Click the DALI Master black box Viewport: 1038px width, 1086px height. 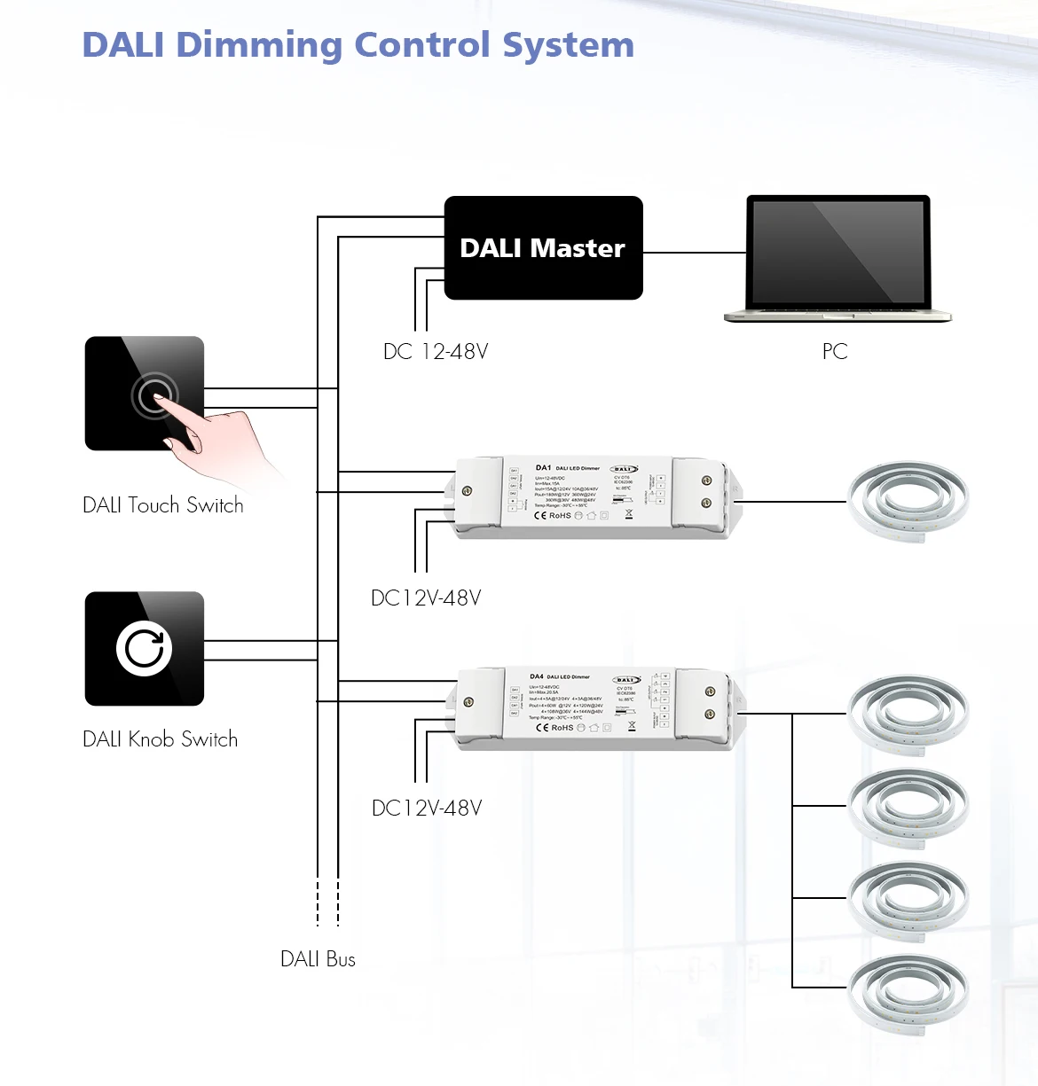click(x=543, y=248)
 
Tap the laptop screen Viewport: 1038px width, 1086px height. click(x=838, y=252)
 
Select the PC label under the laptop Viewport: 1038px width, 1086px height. click(x=835, y=352)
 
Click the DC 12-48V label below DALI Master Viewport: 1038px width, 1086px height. click(x=436, y=352)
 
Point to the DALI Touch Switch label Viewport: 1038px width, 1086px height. click(x=163, y=505)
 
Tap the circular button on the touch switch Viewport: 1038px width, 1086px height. click(x=154, y=395)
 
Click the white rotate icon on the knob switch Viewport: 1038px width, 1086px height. click(x=144, y=648)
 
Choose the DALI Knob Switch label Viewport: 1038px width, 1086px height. click(x=161, y=739)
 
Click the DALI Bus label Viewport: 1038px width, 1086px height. click(x=318, y=959)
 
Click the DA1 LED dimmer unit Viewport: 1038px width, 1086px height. click(x=590, y=498)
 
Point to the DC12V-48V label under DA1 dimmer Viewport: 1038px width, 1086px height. click(x=426, y=598)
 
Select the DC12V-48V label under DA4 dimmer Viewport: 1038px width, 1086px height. click(x=427, y=809)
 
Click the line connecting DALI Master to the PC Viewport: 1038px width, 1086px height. click(x=694, y=253)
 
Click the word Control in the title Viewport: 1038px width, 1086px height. click(x=421, y=45)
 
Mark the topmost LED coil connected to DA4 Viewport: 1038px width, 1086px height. click(x=908, y=714)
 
